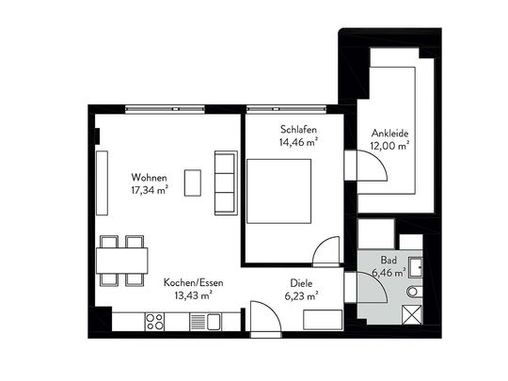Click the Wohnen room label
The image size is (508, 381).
click(x=149, y=178)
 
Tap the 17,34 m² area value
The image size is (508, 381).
click(x=150, y=190)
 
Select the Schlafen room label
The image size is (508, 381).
click(x=298, y=130)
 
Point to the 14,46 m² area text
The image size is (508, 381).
click(x=298, y=142)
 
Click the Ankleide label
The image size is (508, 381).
click(x=389, y=134)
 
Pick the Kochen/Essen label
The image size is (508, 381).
click(x=194, y=282)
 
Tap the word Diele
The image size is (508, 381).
click(x=301, y=283)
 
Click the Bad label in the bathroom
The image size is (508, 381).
click(x=389, y=260)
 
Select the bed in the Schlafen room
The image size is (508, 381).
click(x=279, y=191)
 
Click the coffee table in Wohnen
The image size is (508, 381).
click(x=193, y=183)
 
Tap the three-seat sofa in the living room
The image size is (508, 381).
click(x=226, y=183)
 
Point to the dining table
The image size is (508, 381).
click(x=121, y=261)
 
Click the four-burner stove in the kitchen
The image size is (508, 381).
click(x=154, y=322)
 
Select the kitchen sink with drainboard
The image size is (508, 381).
click(x=205, y=322)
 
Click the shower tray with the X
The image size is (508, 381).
click(x=412, y=314)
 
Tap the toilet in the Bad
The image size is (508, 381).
click(x=414, y=292)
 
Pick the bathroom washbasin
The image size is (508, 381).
click(x=416, y=267)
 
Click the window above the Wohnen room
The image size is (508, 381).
click(x=166, y=109)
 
